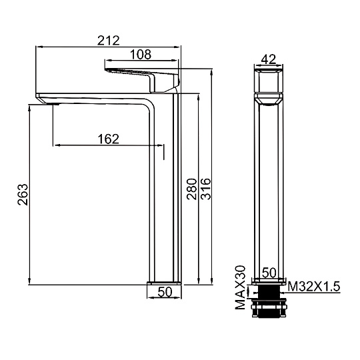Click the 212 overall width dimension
pos(109,41)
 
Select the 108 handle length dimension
pos(141,55)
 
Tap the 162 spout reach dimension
pos(109,139)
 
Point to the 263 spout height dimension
pos(23,194)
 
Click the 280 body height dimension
pos(192,189)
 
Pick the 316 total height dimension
pos(205,189)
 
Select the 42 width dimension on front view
pos(269,59)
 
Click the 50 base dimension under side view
pos(165,292)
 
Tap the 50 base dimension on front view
pos(269,273)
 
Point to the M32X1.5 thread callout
pos(314,287)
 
